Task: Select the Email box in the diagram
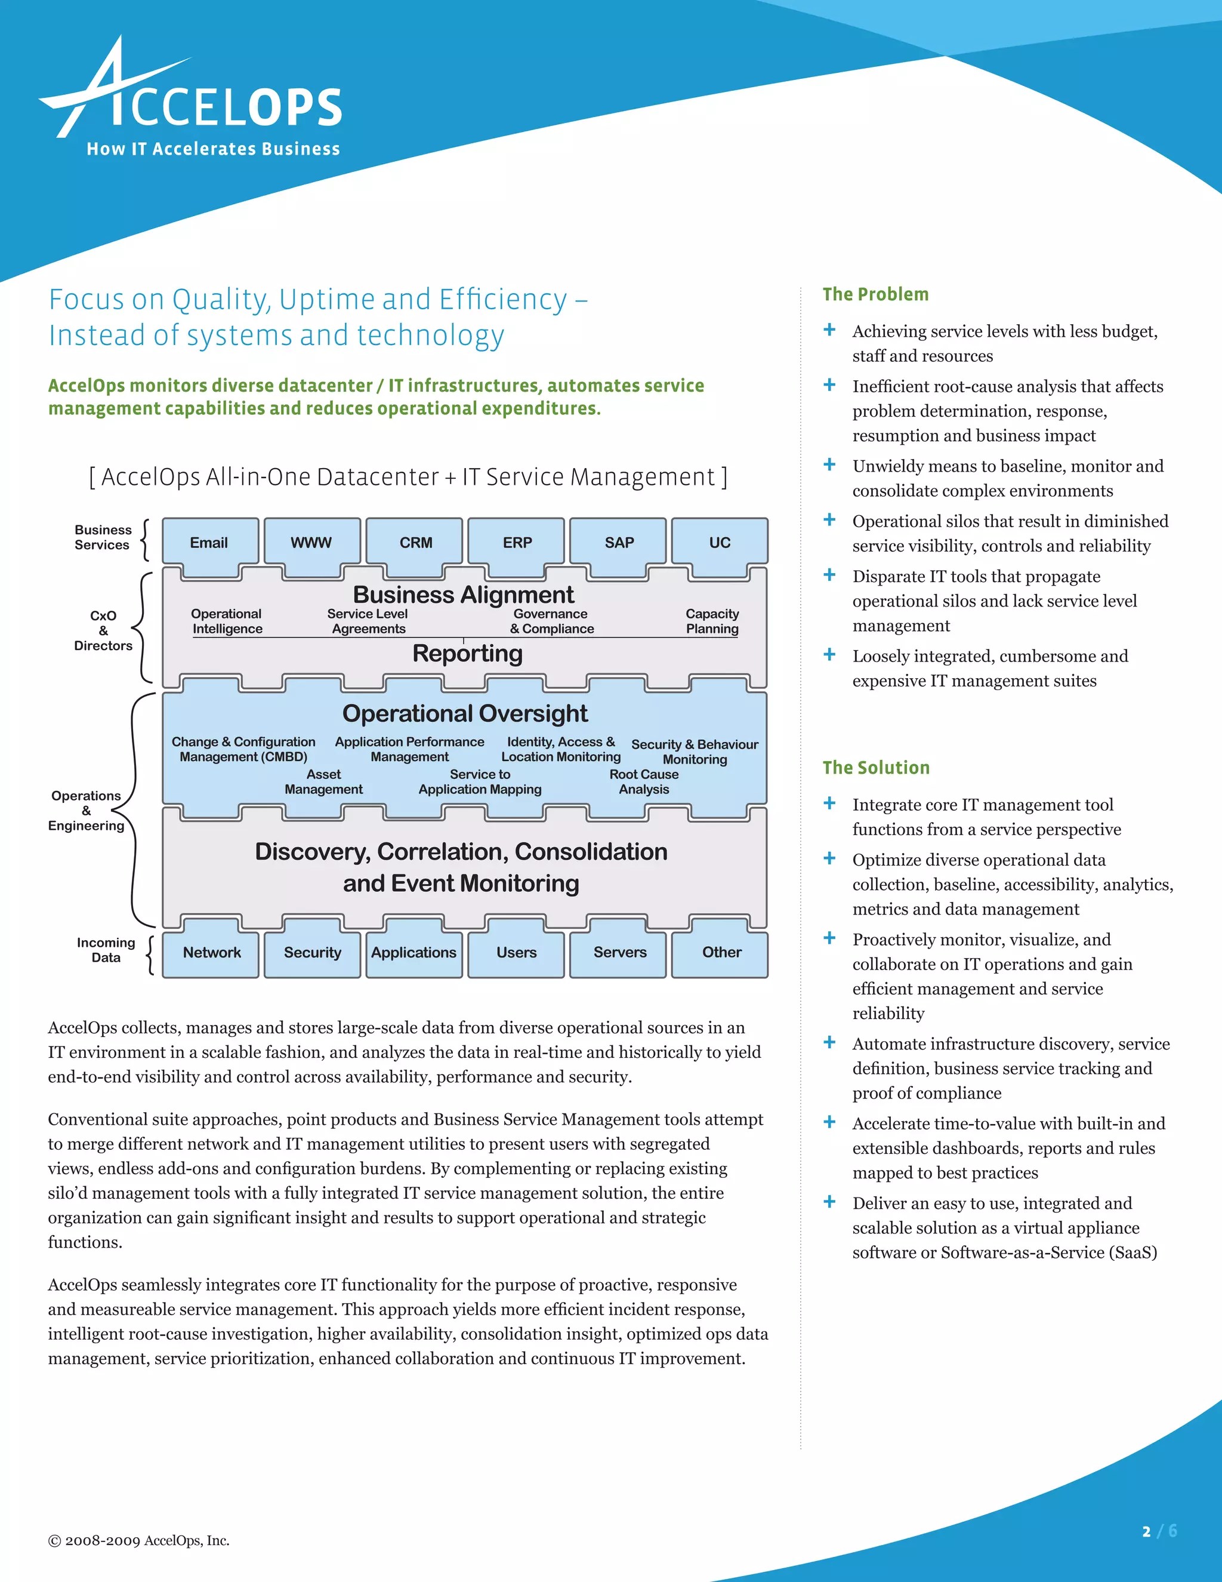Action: click(x=209, y=543)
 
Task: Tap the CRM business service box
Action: click(x=415, y=543)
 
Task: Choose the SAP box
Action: click(x=619, y=543)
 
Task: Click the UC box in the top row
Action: click(x=720, y=543)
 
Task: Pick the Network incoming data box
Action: click(x=211, y=953)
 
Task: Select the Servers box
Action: click(x=620, y=953)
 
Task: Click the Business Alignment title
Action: click(x=463, y=595)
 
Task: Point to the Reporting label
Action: click(x=468, y=653)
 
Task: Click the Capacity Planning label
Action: click(x=712, y=621)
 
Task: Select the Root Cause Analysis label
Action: click(x=644, y=781)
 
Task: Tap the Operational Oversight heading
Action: click(x=465, y=713)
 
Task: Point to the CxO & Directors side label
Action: click(x=103, y=630)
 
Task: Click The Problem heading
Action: click(x=875, y=294)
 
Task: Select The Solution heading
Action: click(x=876, y=768)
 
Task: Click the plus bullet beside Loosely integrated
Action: click(x=829, y=655)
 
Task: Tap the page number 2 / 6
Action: click(x=1159, y=1531)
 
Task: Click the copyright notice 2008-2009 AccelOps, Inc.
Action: click(x=139, y=1541)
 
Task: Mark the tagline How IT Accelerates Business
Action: click(x=213, y=149)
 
